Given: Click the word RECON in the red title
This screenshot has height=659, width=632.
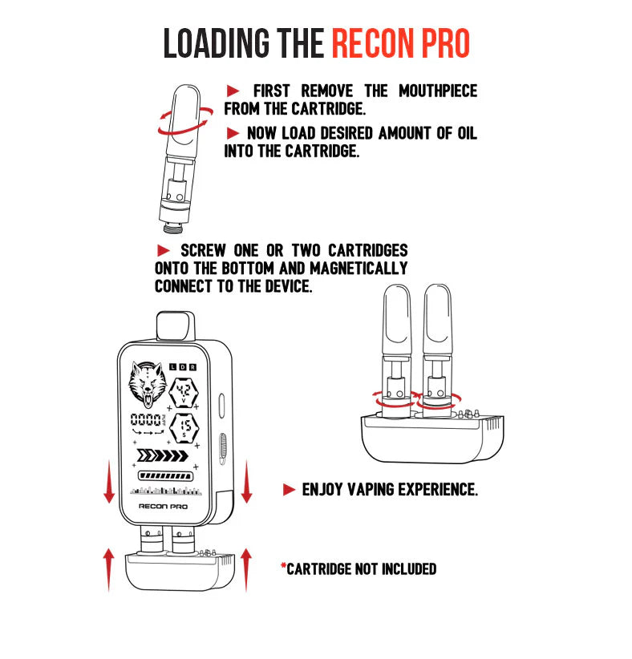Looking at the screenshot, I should click(374, 43).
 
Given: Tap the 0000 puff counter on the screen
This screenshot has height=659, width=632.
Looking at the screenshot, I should click(147, 420).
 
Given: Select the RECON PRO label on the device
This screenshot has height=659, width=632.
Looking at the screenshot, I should click(163, 506).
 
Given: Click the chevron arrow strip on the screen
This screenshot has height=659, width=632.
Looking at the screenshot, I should click(164, 457).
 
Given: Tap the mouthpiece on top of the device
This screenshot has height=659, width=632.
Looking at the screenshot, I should click(175, 325).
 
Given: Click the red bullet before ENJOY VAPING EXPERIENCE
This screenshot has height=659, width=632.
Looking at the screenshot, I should click(290, 489).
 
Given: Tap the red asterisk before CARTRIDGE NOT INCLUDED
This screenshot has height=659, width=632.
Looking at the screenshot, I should click(283, 568).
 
